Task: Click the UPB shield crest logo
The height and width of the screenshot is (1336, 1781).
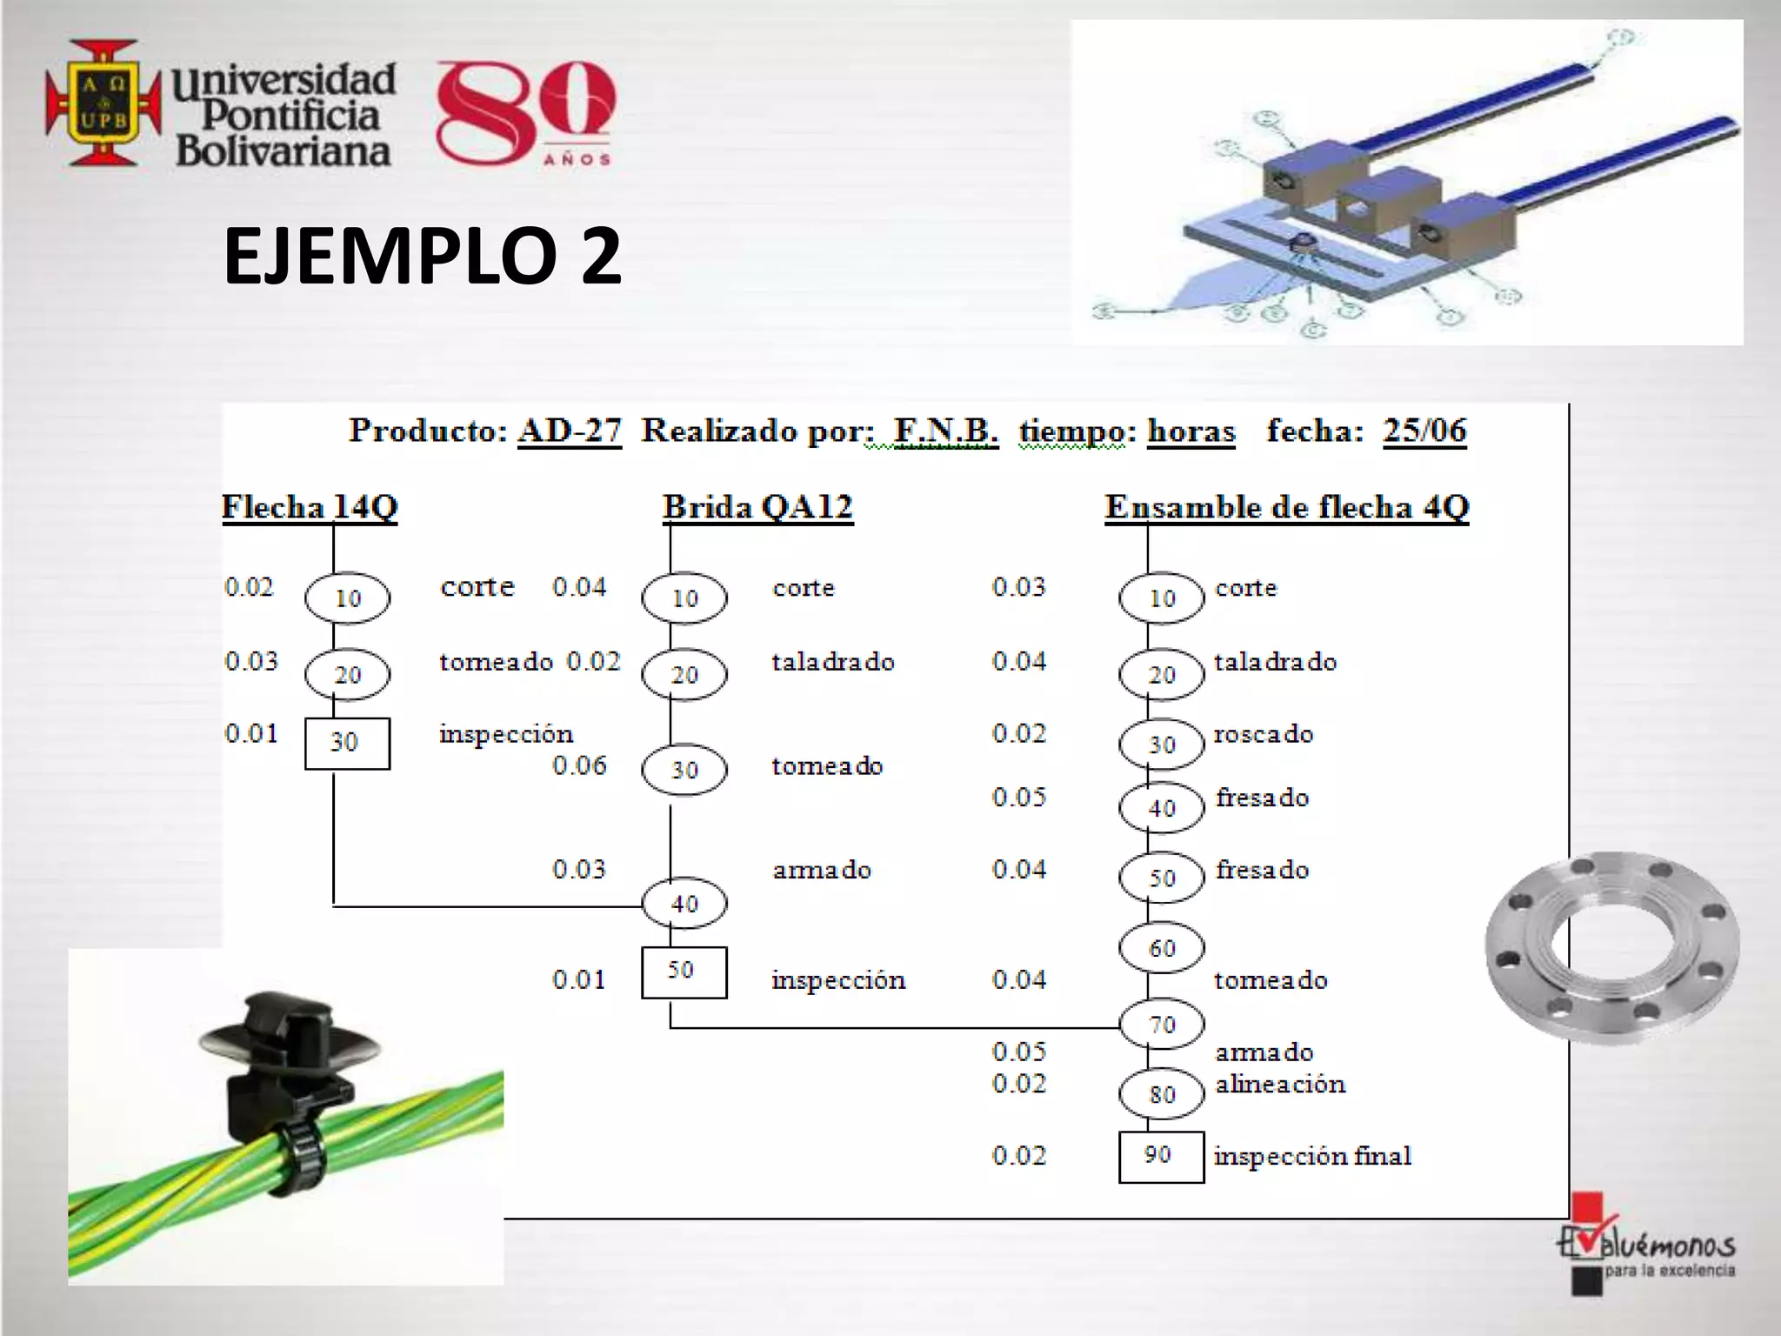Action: [103, 102]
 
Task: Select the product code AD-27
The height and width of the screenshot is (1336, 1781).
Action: [570, 431]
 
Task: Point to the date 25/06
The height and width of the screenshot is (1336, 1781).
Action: [1424, 431]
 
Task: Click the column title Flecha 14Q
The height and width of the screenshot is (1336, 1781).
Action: [310, 507]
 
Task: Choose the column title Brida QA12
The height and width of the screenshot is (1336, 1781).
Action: [757, 507]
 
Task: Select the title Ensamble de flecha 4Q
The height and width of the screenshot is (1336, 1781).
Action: [1286, 507]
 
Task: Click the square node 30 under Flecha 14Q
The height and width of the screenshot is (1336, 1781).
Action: [347, 743]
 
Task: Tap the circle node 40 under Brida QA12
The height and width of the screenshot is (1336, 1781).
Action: [684, 904]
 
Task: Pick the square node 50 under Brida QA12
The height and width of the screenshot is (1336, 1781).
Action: [684, 972]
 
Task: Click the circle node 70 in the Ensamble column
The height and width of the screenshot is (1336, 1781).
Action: [1162, 1025]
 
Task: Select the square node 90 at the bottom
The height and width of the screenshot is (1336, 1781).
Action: [1161, 1156]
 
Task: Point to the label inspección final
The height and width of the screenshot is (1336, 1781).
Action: [1312, 1156]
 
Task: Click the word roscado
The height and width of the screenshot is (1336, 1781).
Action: [1263, 734]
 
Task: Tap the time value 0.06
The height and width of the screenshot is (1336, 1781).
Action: [579, 765]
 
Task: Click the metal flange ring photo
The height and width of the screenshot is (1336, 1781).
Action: [1611, 947]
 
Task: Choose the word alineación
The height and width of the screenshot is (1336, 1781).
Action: [1280, 1085]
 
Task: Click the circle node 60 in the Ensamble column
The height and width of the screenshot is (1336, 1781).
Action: [1162, 947]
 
